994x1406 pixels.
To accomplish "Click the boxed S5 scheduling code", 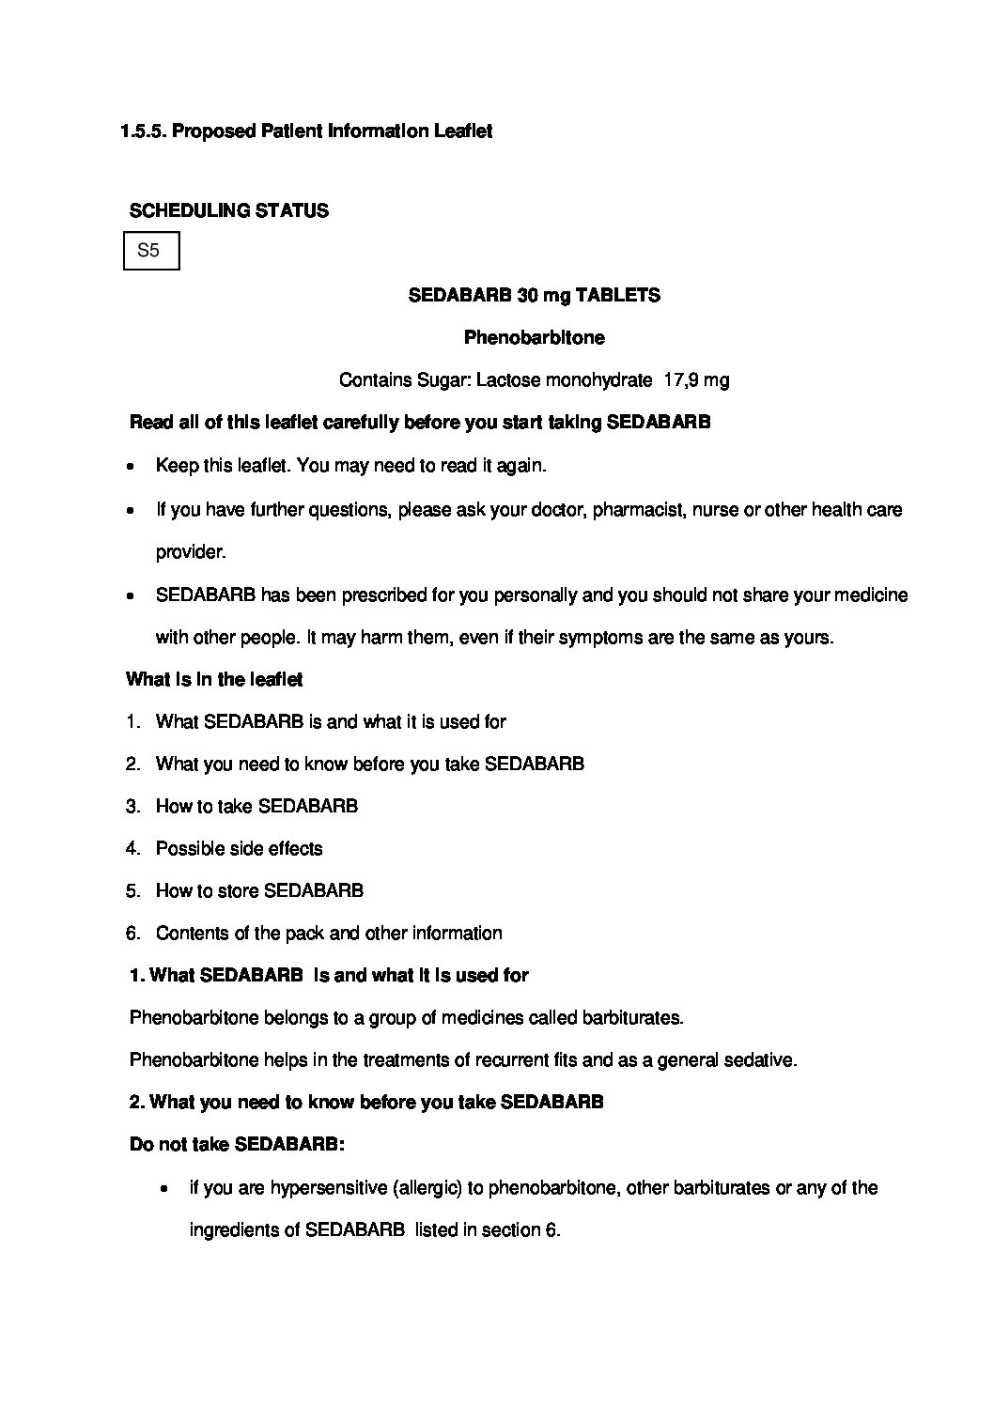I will [150, 251].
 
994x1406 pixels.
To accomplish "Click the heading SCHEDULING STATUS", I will [228, 210].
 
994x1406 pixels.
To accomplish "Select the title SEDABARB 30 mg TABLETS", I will [534, 295].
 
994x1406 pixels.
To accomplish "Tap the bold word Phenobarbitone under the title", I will [534, 337].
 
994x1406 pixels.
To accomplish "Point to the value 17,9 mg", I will [696, 380].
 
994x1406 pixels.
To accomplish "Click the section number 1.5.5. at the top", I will [143, 131].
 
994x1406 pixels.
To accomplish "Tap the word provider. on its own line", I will [191, 552].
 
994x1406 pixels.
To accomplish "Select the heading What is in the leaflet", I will [214, 679].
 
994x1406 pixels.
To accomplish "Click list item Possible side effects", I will [239, 848].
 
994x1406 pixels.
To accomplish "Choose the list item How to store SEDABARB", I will [259, 890].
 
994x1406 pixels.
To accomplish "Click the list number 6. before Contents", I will [133, 933].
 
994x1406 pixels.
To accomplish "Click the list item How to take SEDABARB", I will [256, 806].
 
